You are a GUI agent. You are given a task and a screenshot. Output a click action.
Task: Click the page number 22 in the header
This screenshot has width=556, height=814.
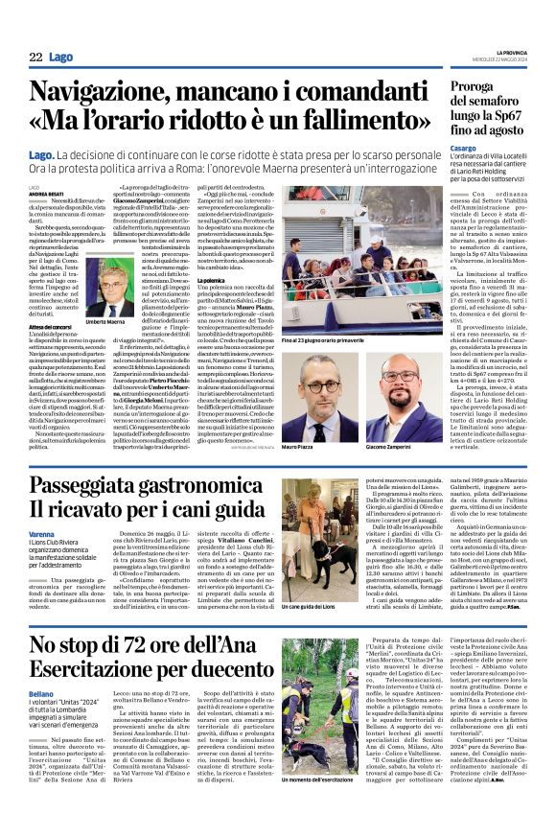[35, 58]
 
